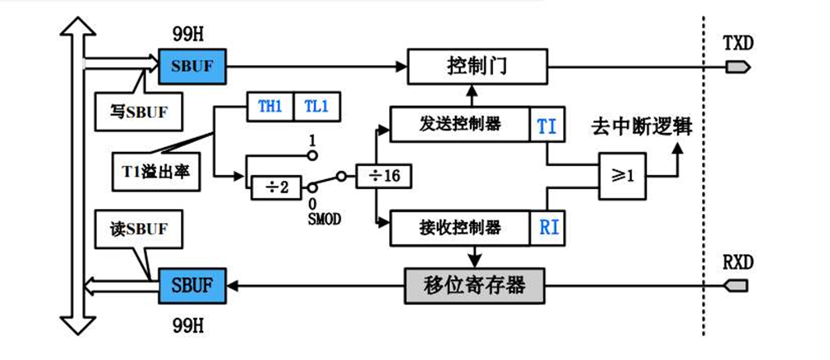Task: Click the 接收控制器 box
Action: tap(458, 225)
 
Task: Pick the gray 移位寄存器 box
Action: tap(476, 287)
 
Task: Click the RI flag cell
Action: tap(546, 226)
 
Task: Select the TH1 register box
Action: tap(270, 107)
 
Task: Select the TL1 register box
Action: tap(314, 107)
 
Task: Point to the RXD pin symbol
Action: tap(737, 286)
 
